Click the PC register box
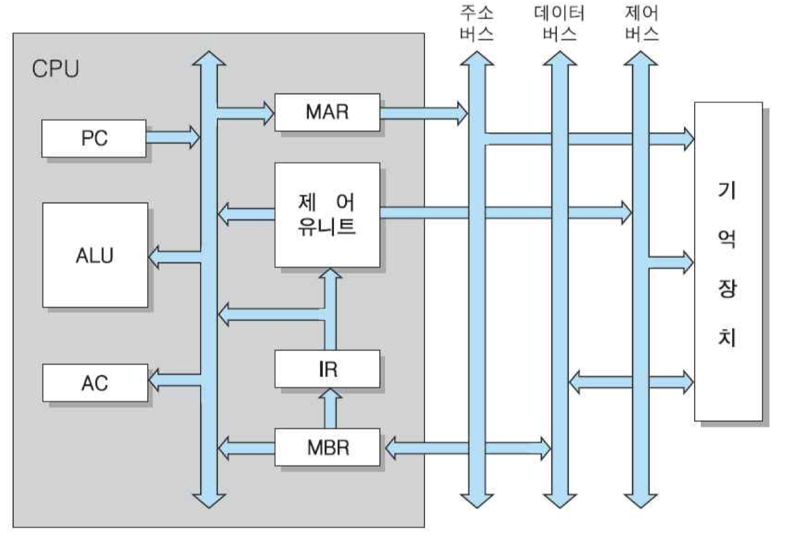tap(94, 138)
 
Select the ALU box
tap(95, 255)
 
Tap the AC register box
tap(94, 383)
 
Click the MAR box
tap(327, 113)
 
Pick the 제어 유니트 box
tap(327, 214)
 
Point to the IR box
tap(327, 369)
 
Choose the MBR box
tap(327, 447)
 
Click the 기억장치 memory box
tap(728, 262)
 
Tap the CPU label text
tap(55, 69)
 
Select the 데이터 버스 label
tap(559, 23)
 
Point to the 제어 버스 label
tap(641, 23)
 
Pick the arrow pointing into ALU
tap(174, 255)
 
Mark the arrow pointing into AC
tap(174, 378)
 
